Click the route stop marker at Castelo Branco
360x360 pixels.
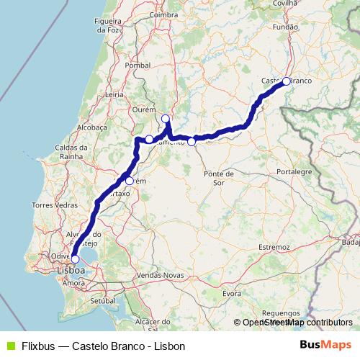click(x=287, y=81)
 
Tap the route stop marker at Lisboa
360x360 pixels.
click(x=75, y=258)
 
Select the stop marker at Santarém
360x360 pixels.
click(x=130, y=181)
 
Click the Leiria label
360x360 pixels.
click(x=114, y=94)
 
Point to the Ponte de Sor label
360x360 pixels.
click(x=219, y=178)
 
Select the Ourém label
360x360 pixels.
click(x=144, y=109)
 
